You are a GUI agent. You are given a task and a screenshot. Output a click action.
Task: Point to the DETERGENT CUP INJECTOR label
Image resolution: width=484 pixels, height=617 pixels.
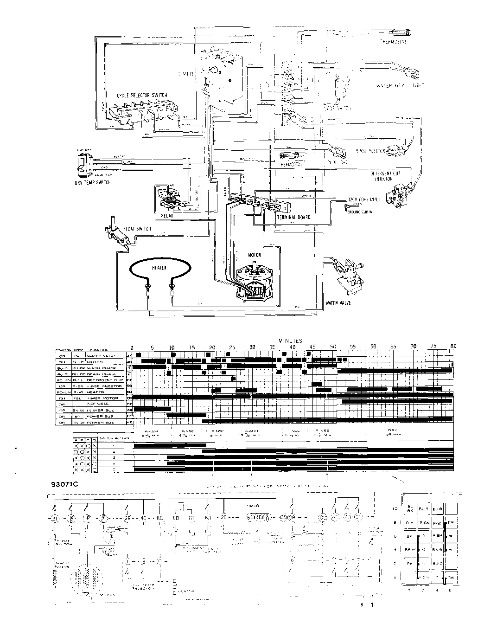tap(384, 175)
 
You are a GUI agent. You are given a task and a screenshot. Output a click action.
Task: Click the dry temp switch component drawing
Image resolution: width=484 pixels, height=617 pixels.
tap(83, 166)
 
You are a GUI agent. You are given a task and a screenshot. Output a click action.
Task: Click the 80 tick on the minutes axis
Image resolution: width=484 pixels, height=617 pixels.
tap(453, 346)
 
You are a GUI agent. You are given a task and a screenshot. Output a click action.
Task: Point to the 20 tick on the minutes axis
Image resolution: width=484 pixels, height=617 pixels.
tap(212, 347)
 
